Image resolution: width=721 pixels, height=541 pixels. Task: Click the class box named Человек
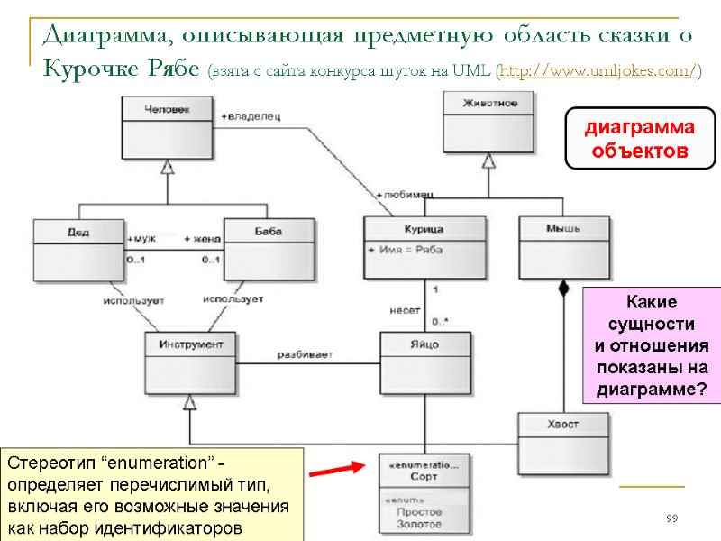point(167,127)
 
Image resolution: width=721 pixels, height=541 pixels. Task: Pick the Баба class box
point(269,243)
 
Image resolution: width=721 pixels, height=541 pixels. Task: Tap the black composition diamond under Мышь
point(564,289)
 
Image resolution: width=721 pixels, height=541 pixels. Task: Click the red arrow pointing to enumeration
point(337,470)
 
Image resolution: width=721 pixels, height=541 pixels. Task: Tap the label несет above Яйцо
point(405,309)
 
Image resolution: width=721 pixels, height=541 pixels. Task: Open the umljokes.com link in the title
point(596,70)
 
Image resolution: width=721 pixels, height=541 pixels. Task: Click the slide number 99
point(671,518)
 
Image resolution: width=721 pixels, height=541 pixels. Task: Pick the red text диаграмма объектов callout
point(639,139)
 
